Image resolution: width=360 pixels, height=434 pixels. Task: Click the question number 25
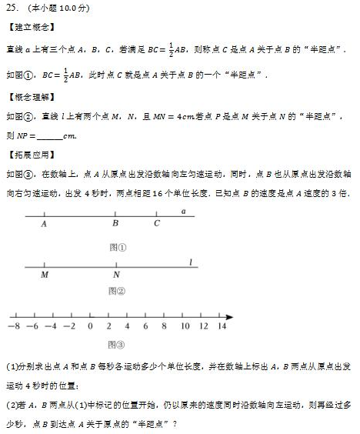click(12, 8)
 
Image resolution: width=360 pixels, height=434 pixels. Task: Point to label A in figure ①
click(44, 225)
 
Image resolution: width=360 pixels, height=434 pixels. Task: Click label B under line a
click(115, 225)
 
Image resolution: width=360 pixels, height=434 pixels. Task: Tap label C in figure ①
click(156, 225)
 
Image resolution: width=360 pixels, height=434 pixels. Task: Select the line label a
click(183, 210)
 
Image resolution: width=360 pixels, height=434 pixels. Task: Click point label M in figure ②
click(44, 275)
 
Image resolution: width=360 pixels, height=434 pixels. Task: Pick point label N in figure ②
click(116, 275)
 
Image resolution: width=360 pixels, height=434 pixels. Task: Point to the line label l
click(189, 262)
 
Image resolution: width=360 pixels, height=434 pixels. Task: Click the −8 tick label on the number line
click(12, 326)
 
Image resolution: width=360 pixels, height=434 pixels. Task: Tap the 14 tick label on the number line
click(222, 326)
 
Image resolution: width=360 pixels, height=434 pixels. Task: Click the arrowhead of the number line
click(230, 315)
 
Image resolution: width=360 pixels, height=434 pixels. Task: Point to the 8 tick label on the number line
click(165, 326)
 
